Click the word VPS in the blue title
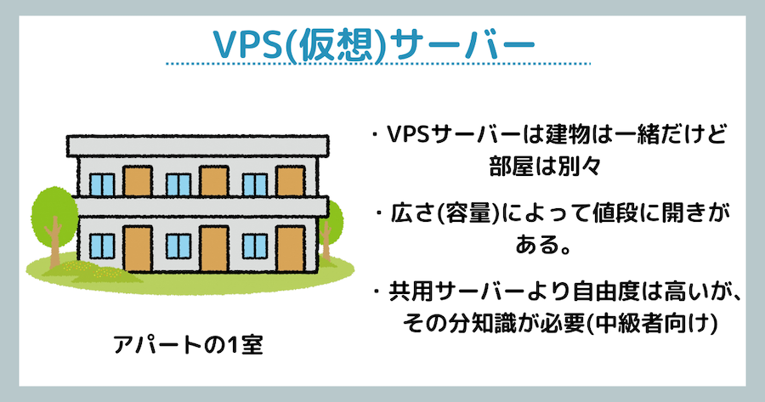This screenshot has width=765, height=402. pyautogui.click(x=248, y=44)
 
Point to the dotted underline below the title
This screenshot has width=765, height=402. pyautogui.click(x=377, y=64)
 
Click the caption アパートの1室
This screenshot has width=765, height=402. pyautogui.click(x=189, y=344)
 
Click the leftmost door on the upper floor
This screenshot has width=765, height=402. pyautogui.click(x=137, y=182)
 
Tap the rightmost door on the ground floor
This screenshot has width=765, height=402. pyautogui.click(x=291, y=248)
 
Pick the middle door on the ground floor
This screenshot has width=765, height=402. pyautogui.click(x=213, y=248)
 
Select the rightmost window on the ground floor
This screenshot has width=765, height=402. pyautogui.click(x=255, y=246)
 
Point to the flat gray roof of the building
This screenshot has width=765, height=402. pyautogui.click(x=197, y=145)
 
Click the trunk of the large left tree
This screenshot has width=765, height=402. pyautogui.click(x=54, y=243)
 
